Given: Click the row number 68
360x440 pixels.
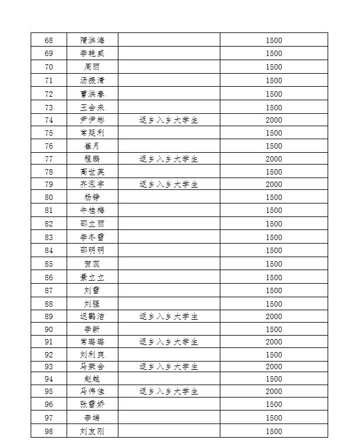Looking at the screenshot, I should coord(49,41).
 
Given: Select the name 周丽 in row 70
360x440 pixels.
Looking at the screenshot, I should coord(92,67).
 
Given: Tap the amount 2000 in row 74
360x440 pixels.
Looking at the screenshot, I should coord(274,120).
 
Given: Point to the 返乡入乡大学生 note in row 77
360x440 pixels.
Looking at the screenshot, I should coord(169,159).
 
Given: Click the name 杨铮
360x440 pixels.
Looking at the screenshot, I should coord(92,198).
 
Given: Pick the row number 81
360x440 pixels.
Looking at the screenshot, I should coord(49,211).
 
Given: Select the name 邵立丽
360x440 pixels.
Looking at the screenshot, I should coord(92,224).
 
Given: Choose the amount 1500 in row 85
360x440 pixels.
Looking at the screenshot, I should coord(274,264).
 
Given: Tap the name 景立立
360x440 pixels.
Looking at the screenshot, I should coord(92,278).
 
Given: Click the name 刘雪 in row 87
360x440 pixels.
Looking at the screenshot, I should coord(92,291).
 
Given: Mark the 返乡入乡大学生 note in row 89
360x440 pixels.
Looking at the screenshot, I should coord(169,317).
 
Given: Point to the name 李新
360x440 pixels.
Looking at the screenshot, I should coord(92,330).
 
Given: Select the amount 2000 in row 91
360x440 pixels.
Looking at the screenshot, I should coord(274,342).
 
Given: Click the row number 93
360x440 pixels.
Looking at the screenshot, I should coord(49,367).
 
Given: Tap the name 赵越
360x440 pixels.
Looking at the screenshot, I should coord(92,379).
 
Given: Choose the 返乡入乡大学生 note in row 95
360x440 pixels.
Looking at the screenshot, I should coord(169,392).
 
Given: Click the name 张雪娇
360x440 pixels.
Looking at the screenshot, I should coord(92,405).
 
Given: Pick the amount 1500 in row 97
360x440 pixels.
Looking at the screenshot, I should coord(274,418).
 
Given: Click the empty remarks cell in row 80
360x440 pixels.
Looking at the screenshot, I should coord(169,198).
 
